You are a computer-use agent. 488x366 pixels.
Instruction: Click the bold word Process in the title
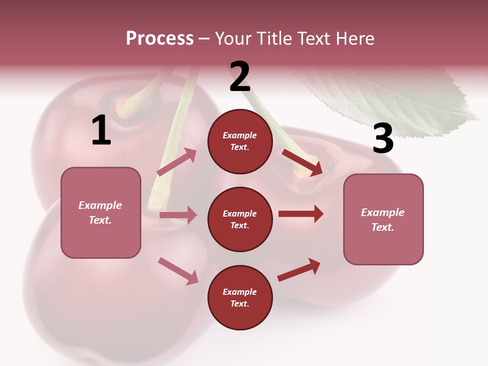(160, 38)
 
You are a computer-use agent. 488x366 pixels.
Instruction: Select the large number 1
(101, 131)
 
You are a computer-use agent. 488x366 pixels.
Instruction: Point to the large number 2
(240, 77)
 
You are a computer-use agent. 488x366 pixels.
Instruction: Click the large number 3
(383, 139)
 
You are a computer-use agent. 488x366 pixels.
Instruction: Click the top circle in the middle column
(240, 141)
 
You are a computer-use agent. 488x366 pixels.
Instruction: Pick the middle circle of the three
(240, 219)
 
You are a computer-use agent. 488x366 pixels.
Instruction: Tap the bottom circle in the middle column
(240, 297)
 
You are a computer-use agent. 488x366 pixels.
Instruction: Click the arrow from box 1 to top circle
(177, 162)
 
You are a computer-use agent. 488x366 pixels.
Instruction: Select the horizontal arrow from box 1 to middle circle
(178, 215)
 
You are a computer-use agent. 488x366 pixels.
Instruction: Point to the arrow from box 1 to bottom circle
(178, 270)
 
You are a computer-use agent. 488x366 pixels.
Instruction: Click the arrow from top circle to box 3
(302, 162)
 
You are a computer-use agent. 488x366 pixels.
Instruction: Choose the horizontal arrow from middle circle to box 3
(300, 213)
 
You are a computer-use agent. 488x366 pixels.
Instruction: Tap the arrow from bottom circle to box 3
(299, 270)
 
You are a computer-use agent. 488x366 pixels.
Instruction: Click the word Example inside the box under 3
(383, 212)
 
